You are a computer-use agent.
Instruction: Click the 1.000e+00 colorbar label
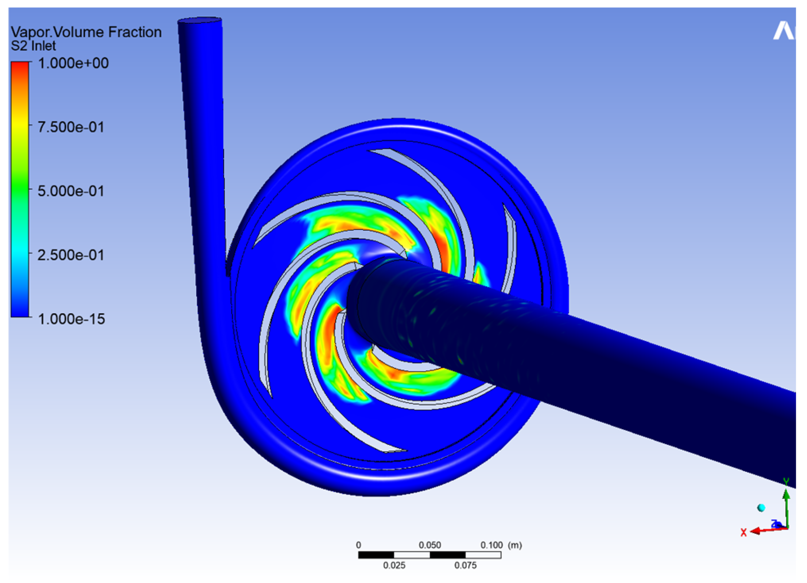tap(73, 63)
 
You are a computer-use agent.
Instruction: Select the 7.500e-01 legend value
tap(71, 127)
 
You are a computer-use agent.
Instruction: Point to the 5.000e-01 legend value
tap(71, 191)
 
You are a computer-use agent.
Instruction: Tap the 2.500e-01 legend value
tap(71, 255)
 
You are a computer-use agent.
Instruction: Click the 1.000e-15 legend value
tap(72, 319)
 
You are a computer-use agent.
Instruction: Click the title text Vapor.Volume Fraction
tap(86, 32)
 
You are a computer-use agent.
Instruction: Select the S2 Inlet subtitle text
tap(33, 46)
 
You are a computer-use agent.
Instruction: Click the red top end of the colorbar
tap(20, 63)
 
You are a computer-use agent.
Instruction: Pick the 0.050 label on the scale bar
tap(430, 545)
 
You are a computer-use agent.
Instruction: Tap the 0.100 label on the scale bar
tap(491, 545)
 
